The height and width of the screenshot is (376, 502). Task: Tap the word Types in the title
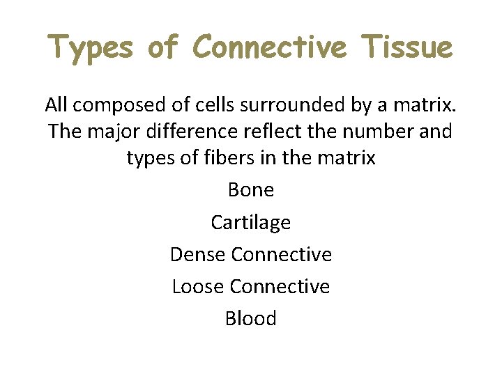tap(91, 47)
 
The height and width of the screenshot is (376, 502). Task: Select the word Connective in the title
tap(269, 47)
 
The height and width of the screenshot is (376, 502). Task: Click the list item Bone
tap(251, 190)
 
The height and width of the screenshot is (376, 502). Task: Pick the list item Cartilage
tap(251, 222)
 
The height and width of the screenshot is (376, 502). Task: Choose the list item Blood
tap(251, 318)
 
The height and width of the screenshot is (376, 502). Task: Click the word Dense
tap(198, 254)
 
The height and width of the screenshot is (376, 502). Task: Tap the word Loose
tap(198, 286)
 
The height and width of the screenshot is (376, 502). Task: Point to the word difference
tap(181, 131)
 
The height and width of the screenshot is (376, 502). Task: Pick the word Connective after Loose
tap(280, 286)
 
